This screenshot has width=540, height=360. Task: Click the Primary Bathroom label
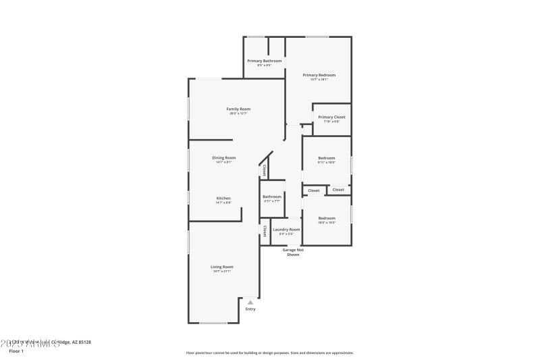(x=264, y=61)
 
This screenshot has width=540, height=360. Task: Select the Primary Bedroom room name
(x=319, y=75)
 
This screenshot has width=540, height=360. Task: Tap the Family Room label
(x=238, y=109)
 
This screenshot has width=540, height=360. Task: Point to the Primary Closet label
(x=331, y=117)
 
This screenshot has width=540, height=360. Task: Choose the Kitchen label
(x=223, y=198)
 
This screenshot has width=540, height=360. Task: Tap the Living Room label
(x=223, y=267)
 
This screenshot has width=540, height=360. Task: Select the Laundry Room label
(x=286, y=230)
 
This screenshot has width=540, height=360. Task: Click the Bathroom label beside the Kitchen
(x=272, y=197)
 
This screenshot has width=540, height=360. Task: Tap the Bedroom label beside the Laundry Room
(x=327, y=217)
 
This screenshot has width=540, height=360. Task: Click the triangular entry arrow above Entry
(x=250, y=303)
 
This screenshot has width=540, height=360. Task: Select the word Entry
(x=250, y=309)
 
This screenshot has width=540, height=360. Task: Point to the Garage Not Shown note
(x=293, y=252)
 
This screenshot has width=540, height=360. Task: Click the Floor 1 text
(x=16, y=351)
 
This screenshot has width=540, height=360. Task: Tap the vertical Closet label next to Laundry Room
(x=265, y=231)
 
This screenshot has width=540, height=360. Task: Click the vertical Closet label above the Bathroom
(x=265, y=170)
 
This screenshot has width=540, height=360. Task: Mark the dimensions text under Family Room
(x=238, y=113)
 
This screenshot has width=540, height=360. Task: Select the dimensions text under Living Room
(x=223, y=272)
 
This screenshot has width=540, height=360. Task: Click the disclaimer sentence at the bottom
(x=269, y=353)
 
